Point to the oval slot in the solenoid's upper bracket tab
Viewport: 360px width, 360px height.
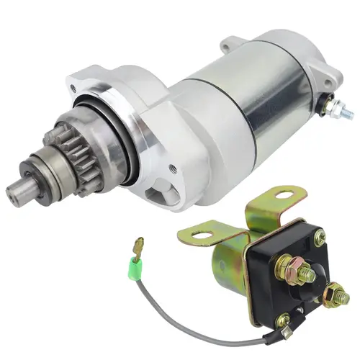tap(284, 194)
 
